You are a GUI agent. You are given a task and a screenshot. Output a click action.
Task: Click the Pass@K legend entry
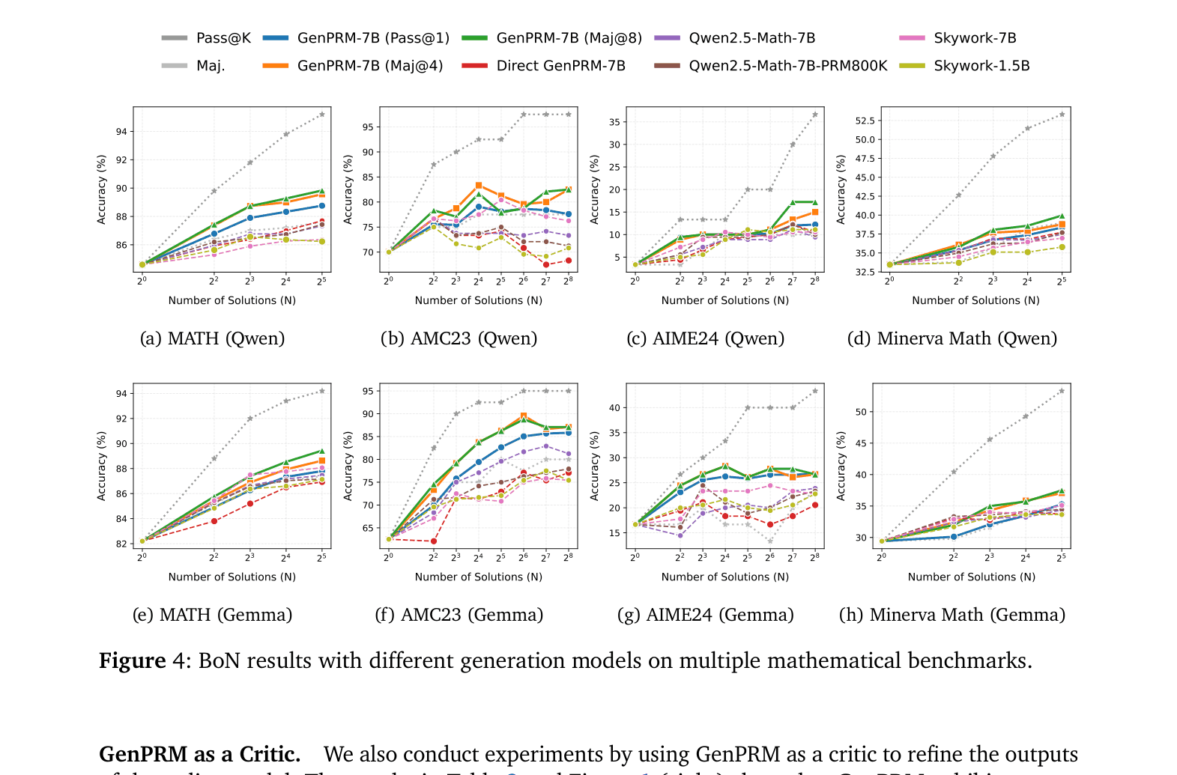(223, 38)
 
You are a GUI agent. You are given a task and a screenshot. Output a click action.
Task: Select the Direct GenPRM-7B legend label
(560, 66)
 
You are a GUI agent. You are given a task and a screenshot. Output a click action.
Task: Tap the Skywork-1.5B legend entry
(981, 66)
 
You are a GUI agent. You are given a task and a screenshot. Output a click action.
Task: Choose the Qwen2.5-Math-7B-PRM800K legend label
(787, 66)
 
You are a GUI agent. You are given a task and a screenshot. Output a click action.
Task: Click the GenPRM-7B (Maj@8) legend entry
(569, 38)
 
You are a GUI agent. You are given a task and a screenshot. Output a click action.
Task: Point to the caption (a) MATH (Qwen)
(212, 338)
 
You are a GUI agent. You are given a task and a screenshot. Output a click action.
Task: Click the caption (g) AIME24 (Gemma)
(705, 615)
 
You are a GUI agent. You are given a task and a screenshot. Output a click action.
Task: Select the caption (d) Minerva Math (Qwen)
(951, 338)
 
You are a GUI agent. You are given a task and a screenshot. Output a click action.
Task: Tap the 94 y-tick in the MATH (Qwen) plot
(121, 132)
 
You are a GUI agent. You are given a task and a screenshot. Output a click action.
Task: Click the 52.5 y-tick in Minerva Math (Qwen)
(865, 121)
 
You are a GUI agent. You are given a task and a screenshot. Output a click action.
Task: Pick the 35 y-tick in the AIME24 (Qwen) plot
(614, 122)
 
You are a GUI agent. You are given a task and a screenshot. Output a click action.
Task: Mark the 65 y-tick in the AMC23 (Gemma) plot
(368, 528)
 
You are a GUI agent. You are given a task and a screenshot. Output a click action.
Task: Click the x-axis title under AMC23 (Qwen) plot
(478, 300)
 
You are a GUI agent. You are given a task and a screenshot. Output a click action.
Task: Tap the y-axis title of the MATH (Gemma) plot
(102, 466)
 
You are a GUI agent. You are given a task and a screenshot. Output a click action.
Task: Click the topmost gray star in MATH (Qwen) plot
(321, 115)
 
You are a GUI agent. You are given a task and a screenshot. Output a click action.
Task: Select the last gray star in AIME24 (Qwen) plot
(814, 115)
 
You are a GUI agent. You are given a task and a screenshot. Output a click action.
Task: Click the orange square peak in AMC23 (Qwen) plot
(478, 185)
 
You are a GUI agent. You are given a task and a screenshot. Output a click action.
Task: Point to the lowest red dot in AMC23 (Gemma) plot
(433, 541)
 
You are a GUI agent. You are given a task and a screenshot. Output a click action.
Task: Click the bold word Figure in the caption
(132, 660)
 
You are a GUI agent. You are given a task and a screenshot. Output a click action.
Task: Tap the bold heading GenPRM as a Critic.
(199, 754)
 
